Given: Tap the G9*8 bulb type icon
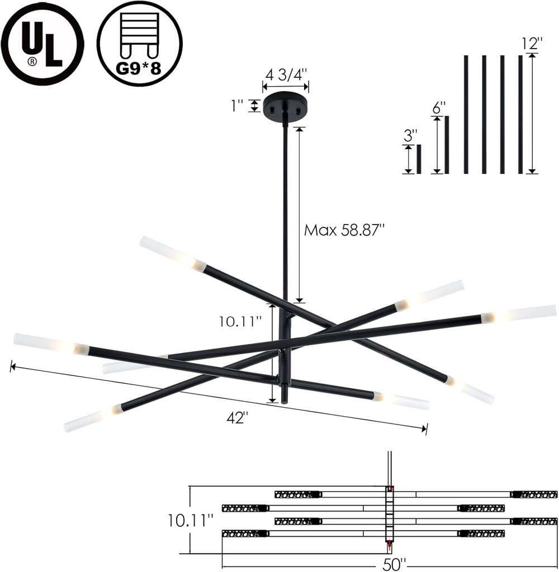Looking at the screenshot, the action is [x=140, y=44].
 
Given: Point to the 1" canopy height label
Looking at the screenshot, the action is [x=237, y=106].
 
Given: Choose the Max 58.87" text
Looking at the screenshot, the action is [x=345, y=230].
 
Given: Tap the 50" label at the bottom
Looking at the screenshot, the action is [x=394, y=564].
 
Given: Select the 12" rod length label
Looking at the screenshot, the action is [x=532, y=44].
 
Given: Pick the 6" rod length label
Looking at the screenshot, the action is [x=439, y=108].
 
